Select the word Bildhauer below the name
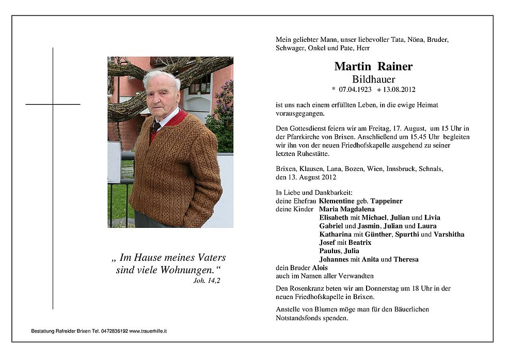coord(373,80)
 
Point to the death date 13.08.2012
coord(399,89)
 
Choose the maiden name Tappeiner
coord(385,200)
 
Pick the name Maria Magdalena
coord(347,209)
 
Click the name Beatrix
coord(360,243)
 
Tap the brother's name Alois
coord(319,268)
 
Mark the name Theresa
coord(406,259)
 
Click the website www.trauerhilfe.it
coord(148,331)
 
